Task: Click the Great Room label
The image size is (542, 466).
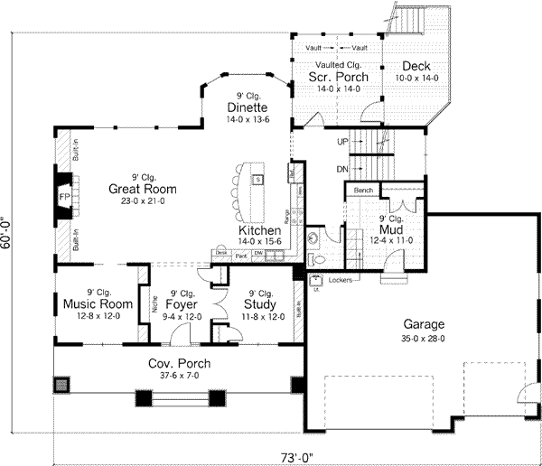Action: [x=142, y=189]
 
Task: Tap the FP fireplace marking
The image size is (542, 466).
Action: [x=65, y=196]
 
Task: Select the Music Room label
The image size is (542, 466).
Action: [x=93, y=304]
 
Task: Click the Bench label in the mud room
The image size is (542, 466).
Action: [x=363, y=191]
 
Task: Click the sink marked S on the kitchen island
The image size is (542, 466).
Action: [x=257, y=179]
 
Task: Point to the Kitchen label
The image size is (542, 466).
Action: [x=260, y=231]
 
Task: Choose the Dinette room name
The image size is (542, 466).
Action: [x=248, y=107]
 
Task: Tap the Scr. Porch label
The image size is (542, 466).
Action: [x=331, y=78]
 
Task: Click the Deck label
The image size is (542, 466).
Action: [x=416, y=66]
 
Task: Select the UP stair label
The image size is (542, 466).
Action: [x=342, y=142]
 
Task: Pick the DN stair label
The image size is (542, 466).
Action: [x=342, y=169]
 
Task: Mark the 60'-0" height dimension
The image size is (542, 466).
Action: [x=9, y=238]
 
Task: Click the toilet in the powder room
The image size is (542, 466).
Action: [x=311, y=238]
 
